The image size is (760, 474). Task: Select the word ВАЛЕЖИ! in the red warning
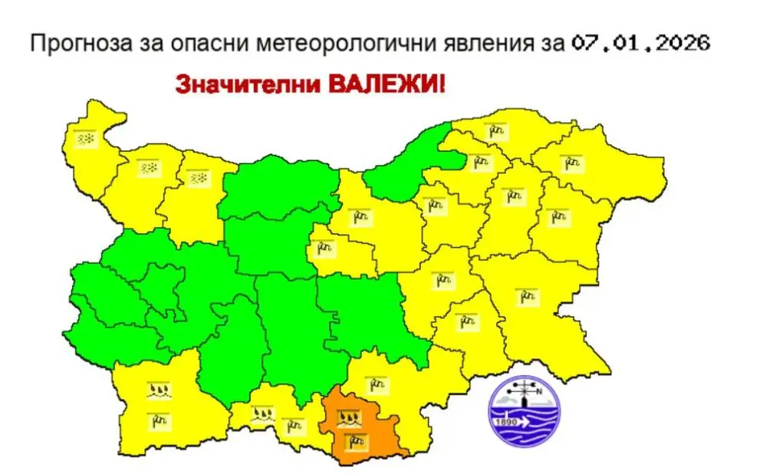387,82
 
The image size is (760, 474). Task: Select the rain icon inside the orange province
354,440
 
